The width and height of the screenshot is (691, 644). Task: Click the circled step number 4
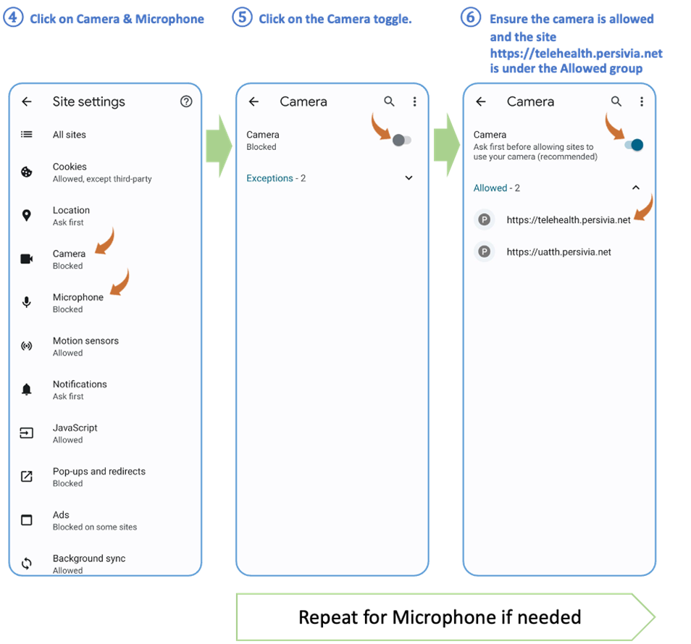tap(13, 17)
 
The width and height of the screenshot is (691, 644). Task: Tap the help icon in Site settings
tap(186, 101)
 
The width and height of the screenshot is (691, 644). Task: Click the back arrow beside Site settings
tap(27, 101)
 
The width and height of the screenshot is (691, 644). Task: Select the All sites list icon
tap(27, 134)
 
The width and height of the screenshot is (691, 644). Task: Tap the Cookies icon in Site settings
tap(27, 172)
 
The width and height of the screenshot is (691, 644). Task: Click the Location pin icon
tap(27, 215)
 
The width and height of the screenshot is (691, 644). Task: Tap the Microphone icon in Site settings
tap(27, 302)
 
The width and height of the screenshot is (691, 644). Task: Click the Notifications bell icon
tap(27, 389)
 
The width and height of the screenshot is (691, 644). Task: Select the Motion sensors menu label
tap(85, 340)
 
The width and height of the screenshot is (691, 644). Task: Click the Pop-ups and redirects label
tap(99, 471)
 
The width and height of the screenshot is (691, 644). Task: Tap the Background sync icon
tap(27, 563)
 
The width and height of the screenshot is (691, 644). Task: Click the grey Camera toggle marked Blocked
tap(401, 140)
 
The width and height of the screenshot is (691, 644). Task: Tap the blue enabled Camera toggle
tap(635, 145)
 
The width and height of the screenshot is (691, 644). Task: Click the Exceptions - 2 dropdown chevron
tap(409, 177)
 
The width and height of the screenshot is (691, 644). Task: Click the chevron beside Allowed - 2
tap(636, 188)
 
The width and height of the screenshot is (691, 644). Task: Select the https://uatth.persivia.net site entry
tap(558, 252)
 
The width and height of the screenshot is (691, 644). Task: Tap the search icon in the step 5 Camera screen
tap(389, 101)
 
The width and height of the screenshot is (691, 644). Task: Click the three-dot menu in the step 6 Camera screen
tap(642, 101)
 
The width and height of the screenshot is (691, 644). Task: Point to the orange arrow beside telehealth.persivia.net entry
tap(645, 209)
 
